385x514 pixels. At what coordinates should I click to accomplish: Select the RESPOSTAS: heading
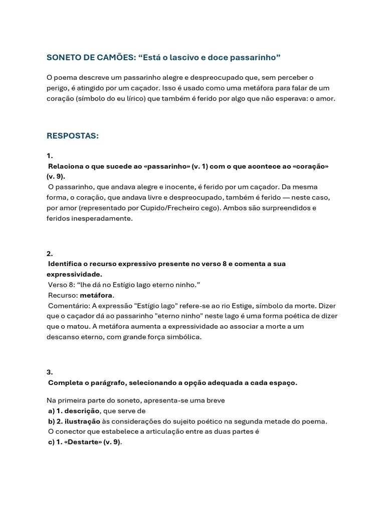point(73,136)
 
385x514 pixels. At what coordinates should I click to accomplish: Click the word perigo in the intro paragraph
point(58,88)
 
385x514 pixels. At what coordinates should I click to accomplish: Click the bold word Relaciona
point(67,166)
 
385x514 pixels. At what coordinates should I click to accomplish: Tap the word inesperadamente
point(101,218)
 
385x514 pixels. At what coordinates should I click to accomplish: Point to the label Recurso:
point(63,295)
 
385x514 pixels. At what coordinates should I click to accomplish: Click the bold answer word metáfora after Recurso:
point(97,295)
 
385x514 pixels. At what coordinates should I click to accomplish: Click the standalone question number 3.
point(50,372)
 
